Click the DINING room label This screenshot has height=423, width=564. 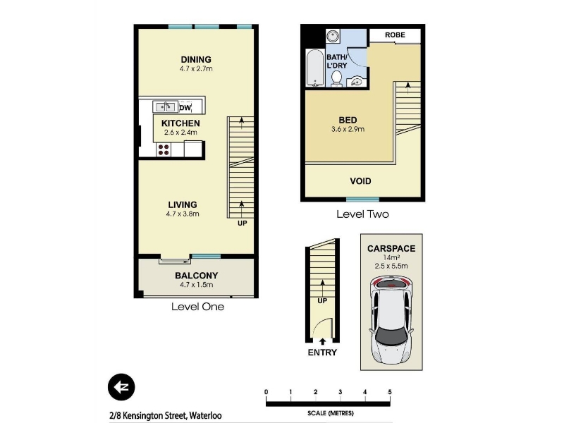196,59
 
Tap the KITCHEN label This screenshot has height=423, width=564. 180,123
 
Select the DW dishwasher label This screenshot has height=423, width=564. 185,108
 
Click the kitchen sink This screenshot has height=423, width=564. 166,107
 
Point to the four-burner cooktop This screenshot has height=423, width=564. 164,149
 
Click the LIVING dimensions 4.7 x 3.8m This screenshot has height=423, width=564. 183,214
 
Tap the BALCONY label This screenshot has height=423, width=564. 197,276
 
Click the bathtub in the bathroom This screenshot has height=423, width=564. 314,68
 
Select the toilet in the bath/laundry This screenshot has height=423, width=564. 336,79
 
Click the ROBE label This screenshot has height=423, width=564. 395,35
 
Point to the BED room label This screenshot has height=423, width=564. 348,120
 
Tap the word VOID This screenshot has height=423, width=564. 360,181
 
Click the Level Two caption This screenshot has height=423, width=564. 362,214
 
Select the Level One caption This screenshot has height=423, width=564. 197,307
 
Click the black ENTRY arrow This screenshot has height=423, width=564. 322,341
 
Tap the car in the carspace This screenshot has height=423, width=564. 391,319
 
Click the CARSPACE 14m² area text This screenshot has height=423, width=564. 391,257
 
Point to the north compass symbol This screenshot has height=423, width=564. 121,387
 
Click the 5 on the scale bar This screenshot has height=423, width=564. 390,392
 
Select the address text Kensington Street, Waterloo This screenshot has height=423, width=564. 172,416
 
